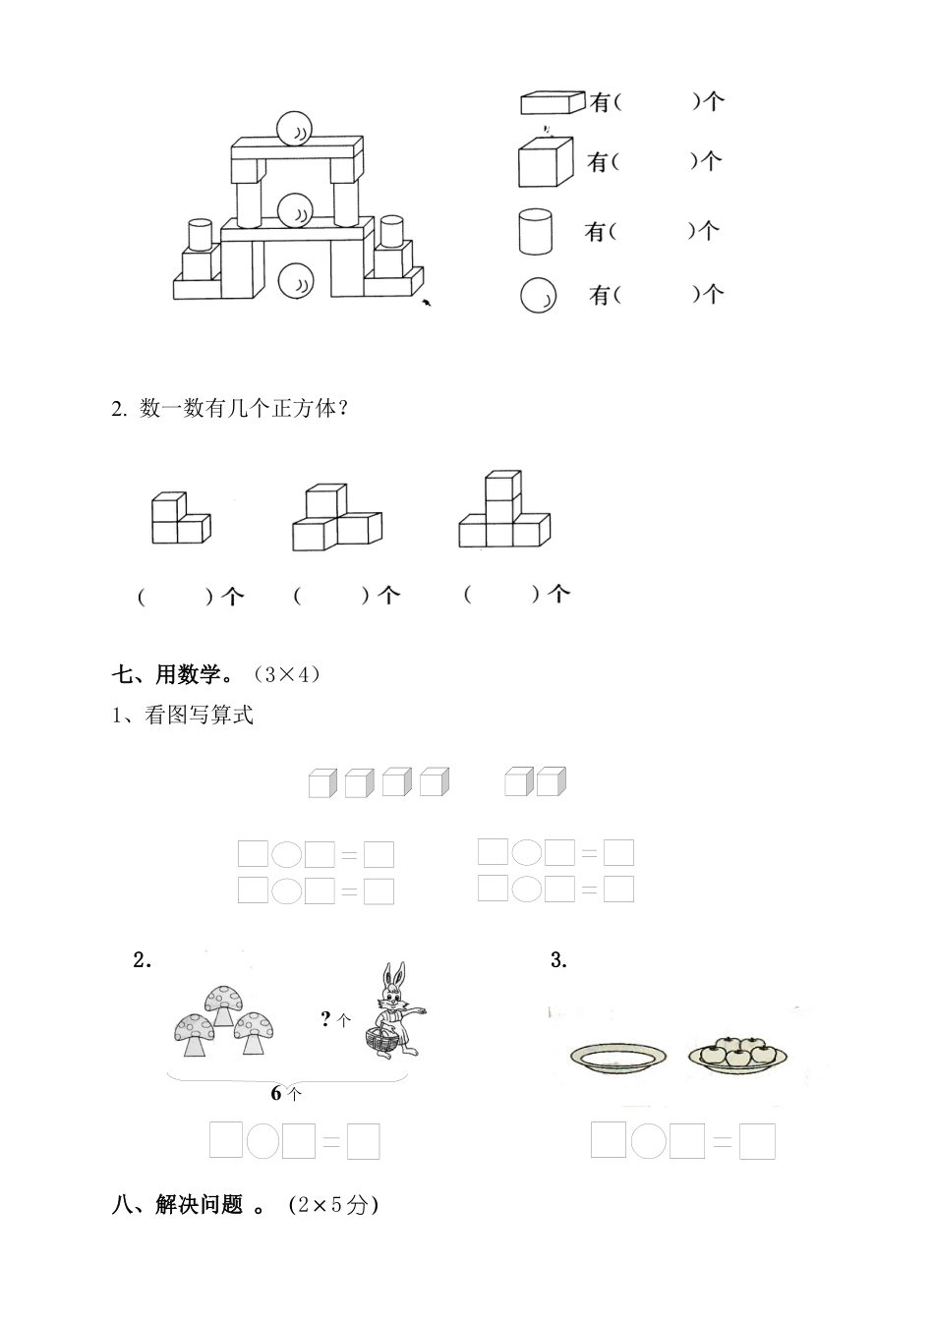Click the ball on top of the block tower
click(295, 129)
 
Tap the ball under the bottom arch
click(295, 281)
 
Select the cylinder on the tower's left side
click(201, 233)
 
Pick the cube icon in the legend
click(546, 161)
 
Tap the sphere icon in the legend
click(538, 295)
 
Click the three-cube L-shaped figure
click(180, 519)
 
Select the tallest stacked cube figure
click(504, 511)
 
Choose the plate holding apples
click(737, 1054)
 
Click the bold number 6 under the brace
click(278, 1093)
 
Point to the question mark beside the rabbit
click(326, 1019)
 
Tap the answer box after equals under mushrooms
click(363, 1142)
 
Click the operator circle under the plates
click(648, 1141)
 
